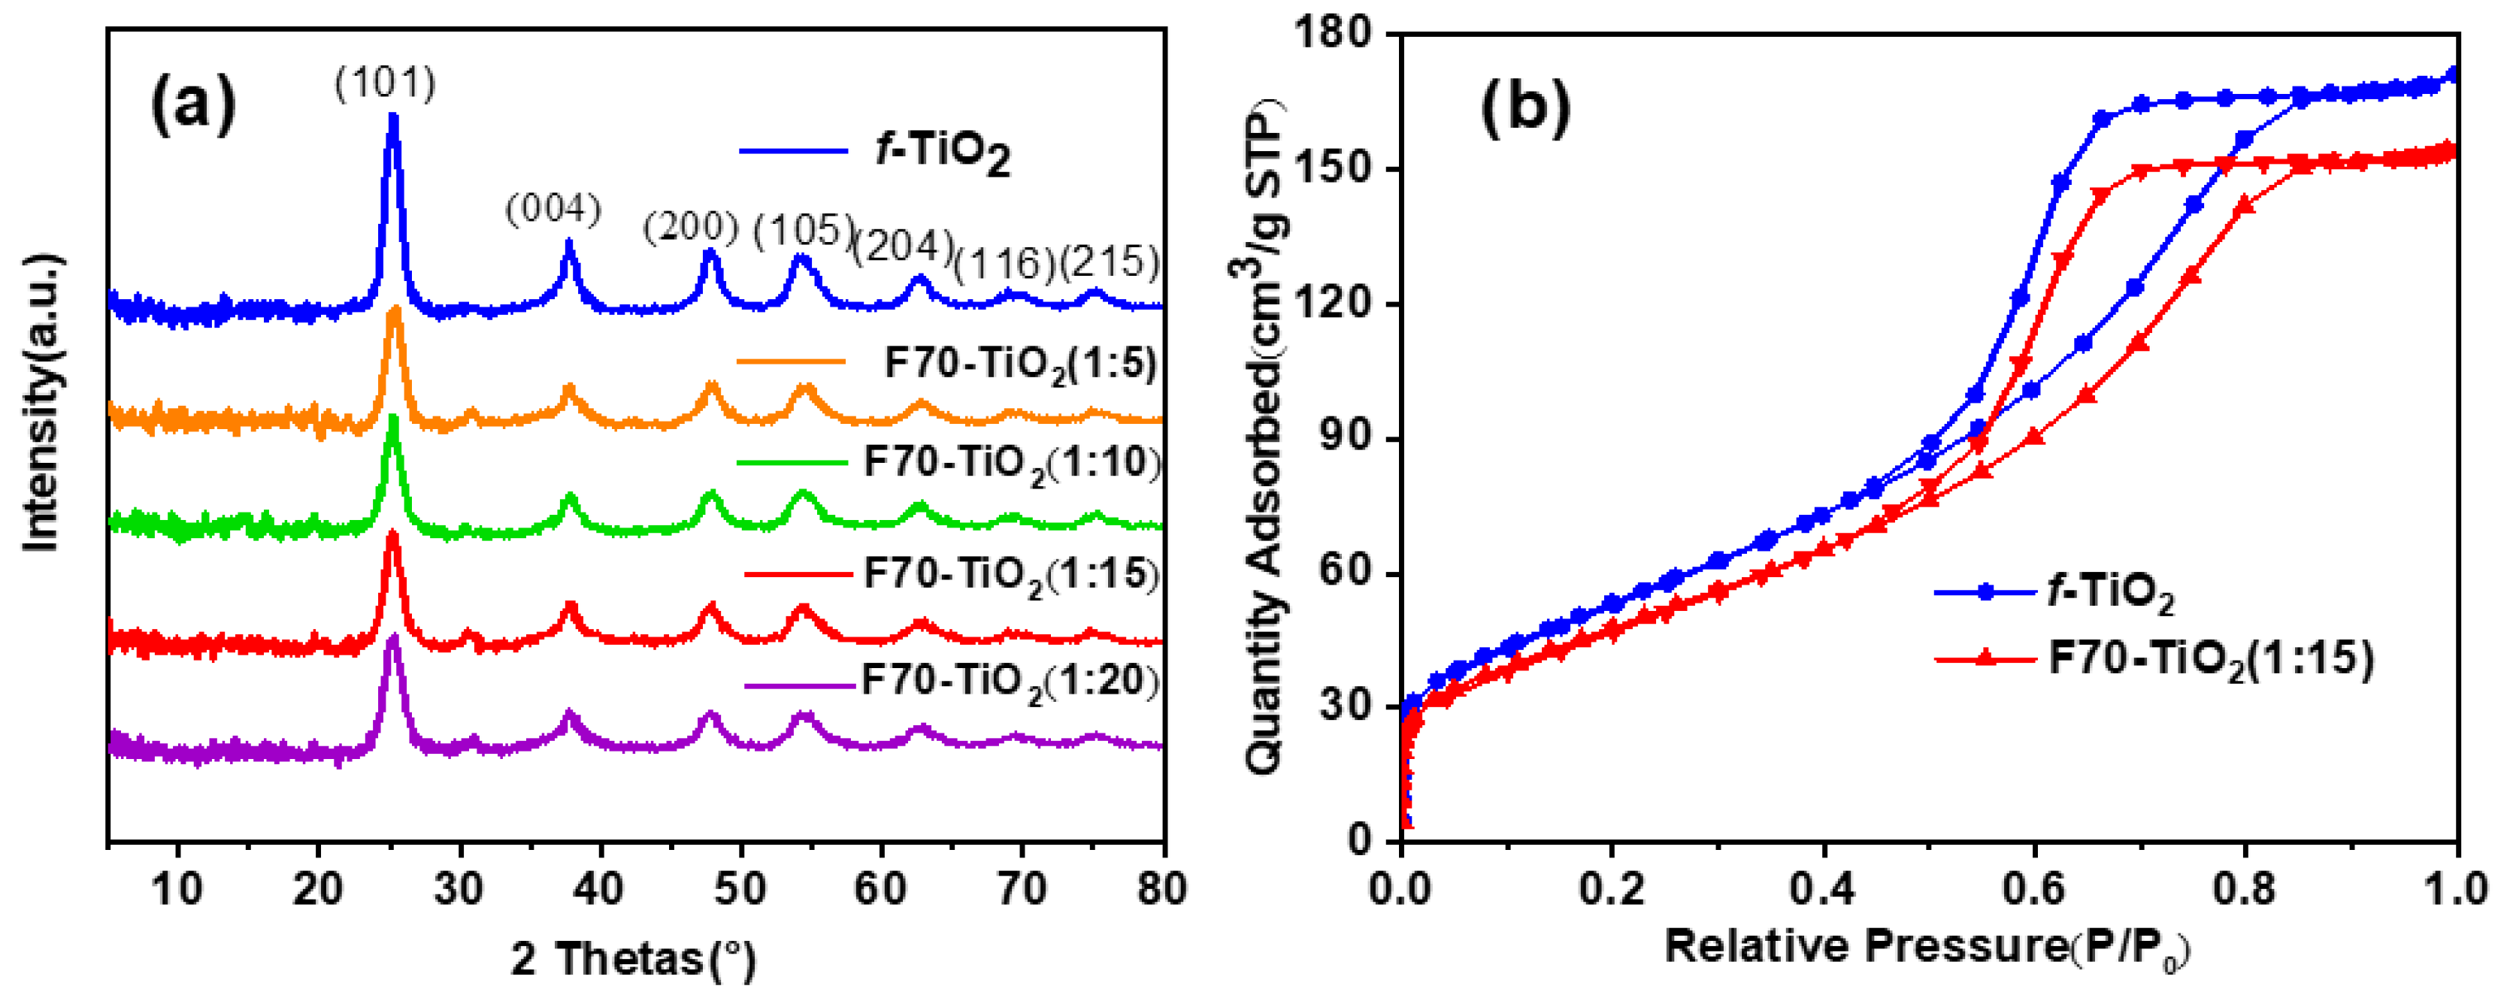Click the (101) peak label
point(386,83)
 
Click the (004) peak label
point(553,208)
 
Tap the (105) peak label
point(804,231)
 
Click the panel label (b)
point(1525,106)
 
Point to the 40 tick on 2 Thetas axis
point(600,888)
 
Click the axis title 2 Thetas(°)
point(634,960)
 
